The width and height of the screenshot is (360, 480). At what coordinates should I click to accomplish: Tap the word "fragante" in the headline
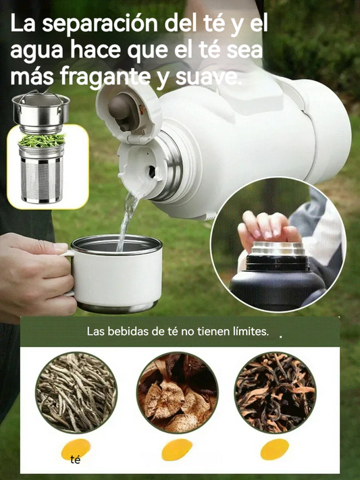point(105,77)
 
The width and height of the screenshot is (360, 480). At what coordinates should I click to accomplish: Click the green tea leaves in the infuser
point(42,140)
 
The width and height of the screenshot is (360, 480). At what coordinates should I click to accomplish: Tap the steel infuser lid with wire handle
point(41,109)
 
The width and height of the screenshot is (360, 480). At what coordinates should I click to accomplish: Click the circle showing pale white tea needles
point(76,392)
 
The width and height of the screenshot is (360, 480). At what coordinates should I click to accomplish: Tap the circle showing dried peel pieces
point(177,392)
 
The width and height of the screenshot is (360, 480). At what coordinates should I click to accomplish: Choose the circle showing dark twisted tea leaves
point(275,392)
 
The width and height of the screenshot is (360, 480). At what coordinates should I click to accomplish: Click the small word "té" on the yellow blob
point(75,460)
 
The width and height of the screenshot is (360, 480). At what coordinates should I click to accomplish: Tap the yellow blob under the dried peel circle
point(177,450)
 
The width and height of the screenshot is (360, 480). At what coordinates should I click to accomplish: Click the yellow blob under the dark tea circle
point(274,450)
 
